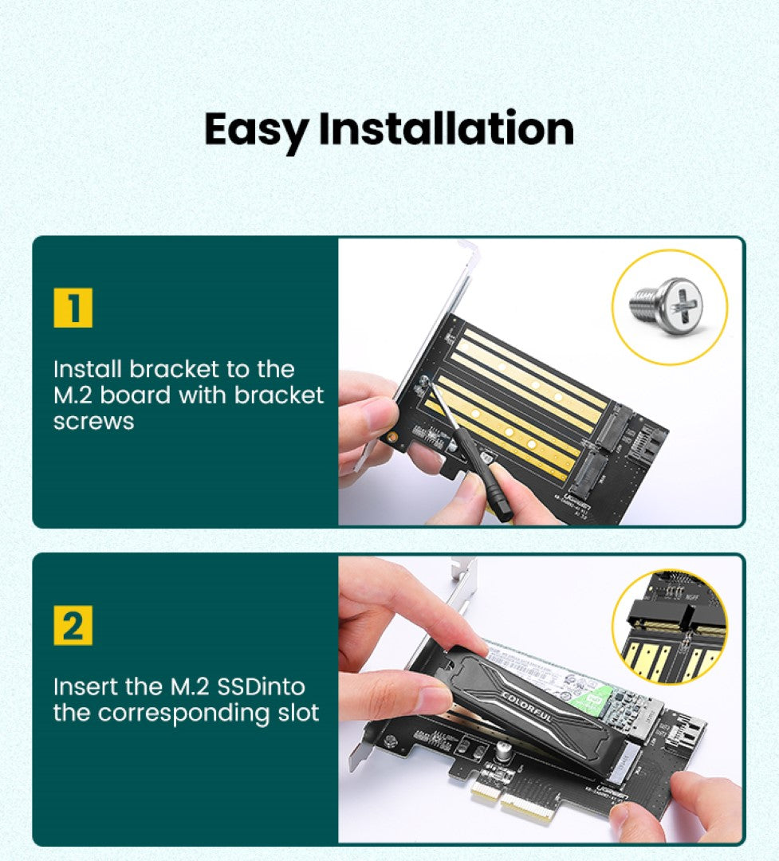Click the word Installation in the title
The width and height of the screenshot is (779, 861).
tap(447, 128)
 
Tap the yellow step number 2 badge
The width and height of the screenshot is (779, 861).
tap(73, 625)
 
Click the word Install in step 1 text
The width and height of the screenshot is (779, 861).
tap(88, 369)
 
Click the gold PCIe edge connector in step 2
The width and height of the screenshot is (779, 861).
tap(510, 801)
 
